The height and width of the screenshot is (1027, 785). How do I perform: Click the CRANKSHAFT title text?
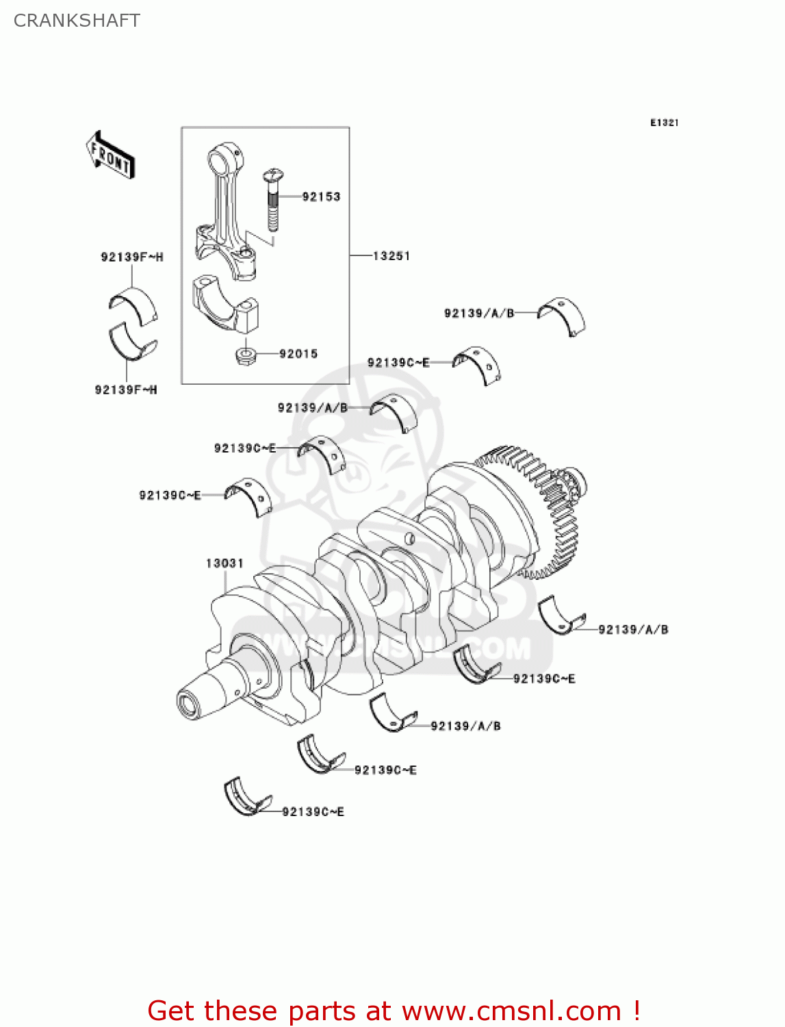pos(77,21)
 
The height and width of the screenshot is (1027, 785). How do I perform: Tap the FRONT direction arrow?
pos(110,155)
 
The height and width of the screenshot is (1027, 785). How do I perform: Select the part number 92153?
pos(321,196)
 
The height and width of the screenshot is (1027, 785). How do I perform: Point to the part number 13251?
pos(391,255)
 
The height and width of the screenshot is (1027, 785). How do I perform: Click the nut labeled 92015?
pos(245,355)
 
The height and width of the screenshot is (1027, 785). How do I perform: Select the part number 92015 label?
pos(298,354)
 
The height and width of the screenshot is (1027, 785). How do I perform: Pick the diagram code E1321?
pos(664,123)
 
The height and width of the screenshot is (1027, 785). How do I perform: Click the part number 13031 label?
pos(224,563)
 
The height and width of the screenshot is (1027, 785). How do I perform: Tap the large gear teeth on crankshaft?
pos(548,507)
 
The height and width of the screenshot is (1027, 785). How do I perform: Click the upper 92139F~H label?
pos(132,257)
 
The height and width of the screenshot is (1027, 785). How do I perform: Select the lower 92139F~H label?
pos(126,390)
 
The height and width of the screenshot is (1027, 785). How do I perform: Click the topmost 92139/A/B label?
pos(478,313)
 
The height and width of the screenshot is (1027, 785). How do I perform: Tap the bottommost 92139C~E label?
pos(313,811)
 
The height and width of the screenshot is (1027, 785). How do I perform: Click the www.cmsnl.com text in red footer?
pos(511,1011)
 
